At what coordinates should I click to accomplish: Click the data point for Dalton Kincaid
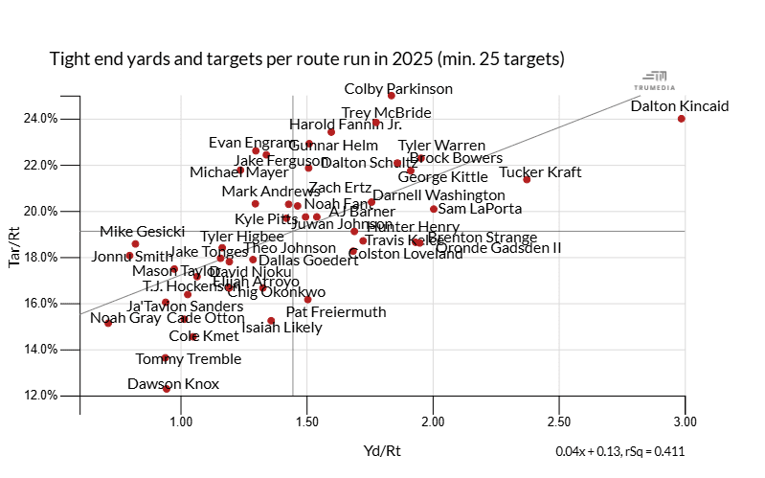681,119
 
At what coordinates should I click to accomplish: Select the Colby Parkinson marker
392,95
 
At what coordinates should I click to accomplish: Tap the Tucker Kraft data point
528,179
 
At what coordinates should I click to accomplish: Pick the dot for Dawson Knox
167,388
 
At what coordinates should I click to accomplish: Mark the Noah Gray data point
108,323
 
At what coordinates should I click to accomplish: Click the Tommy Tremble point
165,358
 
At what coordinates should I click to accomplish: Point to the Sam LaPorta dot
434,209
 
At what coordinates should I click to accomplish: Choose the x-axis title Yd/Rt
382,450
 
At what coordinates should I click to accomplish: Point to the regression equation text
619,450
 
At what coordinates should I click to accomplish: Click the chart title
306,59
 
